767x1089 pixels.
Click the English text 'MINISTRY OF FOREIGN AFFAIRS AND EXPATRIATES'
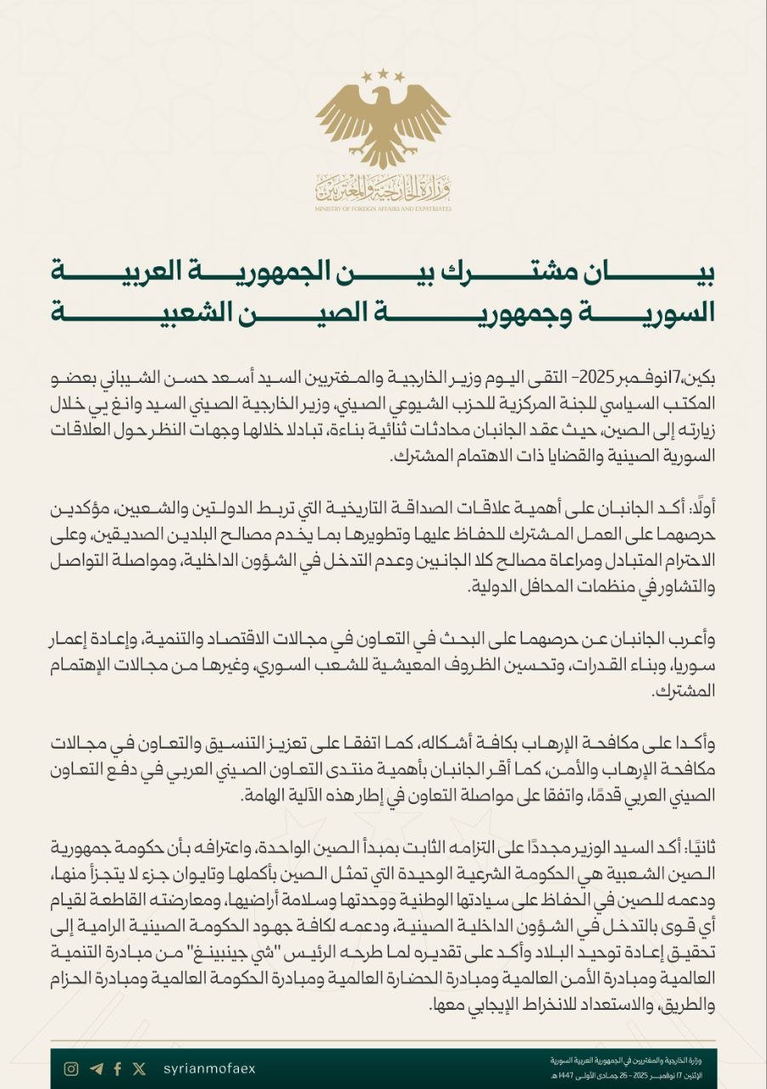383,208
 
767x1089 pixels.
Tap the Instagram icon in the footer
72,1069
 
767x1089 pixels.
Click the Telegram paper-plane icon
95,1069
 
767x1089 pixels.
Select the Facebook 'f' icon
117,1069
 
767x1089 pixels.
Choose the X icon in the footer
139,1069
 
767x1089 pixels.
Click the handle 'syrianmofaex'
208,1069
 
